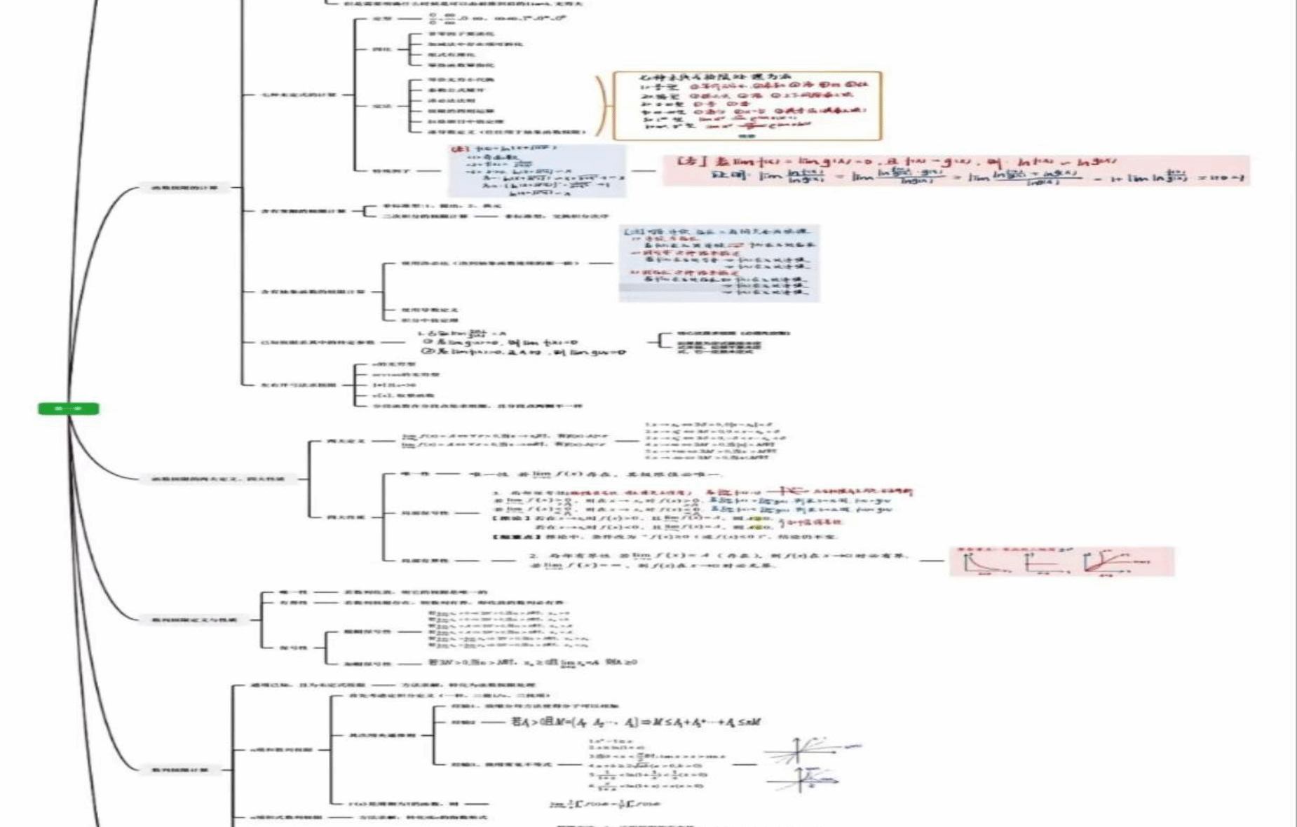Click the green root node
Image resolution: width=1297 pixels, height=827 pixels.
pos(69,409)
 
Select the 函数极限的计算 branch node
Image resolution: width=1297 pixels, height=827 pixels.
pos(184,188)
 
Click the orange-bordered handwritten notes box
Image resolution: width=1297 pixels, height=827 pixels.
pos(747,106)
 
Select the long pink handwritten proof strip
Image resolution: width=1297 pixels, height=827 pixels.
pos(956,170)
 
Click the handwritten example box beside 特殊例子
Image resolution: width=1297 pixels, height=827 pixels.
pos(537,171)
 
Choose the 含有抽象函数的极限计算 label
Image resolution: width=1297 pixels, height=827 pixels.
pos(313,292)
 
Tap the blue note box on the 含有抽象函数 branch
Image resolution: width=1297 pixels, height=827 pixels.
pos(719,263)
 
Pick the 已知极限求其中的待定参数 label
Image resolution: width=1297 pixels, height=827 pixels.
pos(317,343)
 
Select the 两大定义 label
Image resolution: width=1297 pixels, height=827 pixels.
pos(346,442)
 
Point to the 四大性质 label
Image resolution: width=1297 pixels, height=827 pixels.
pos(346,517)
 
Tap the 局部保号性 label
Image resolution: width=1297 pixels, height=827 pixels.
pos(425,513)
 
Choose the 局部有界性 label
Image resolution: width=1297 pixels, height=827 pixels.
pos(425,561)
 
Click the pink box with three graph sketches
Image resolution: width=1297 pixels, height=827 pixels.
pos(1061,562)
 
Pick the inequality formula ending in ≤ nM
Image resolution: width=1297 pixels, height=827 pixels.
pos(637,722)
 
